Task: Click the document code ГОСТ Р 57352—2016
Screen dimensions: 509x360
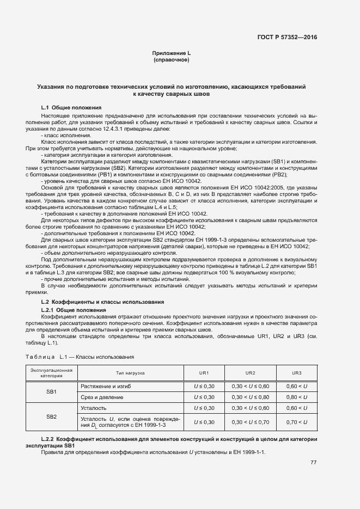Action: pyautogui.click(x=287, y=38)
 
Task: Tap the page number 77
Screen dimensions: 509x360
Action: pyautogui.click(x=313, y=463)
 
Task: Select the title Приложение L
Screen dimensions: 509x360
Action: pyautogui.click(x=171, y=53)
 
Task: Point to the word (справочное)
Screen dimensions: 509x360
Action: pyautogui.click(x=171, y=59)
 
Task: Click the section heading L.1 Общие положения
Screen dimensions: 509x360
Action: pyautogui.click(x=71, y=107)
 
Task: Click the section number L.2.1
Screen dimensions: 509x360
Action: pyautogui.click(x=50, y=310)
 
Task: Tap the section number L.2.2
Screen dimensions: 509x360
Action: pyautogui.click(x=50, y=439)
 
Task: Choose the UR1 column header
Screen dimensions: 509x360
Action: pyautogui.click(x=204, y=372)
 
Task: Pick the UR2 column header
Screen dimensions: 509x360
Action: pyautogui.click(x=250, y=372)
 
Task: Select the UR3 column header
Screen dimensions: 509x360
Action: pyautogui.click(x=297, y=372)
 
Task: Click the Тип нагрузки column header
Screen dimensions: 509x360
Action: pyautogui.click(x=130, y=372)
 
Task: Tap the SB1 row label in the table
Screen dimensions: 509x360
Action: pyautogui.click(x=51, y=391)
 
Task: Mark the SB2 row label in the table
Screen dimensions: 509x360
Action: pyautogui.click(x=51, y=416)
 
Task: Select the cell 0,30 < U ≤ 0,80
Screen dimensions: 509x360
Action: pyautogui.click(x=250, y=397)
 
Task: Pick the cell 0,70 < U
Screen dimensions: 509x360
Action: pyautogui.click(x=297, y=422)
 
